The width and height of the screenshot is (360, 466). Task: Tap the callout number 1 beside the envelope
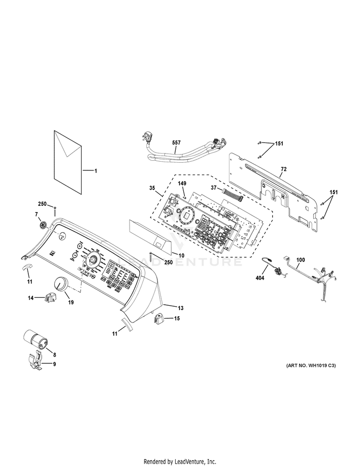pyautogui.click(x=95, y=171)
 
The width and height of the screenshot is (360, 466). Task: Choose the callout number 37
pyautogui.click(x=215, y=188)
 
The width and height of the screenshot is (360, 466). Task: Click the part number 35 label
pyautogui.click(x=152, y=189)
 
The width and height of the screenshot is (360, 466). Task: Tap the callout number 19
pyautogui.click(x=71, y=303)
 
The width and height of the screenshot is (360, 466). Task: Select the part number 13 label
pyautogui.click(x=181, y=307)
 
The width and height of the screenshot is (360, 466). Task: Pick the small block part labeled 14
pyautogui.click(x=49, y=298)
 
